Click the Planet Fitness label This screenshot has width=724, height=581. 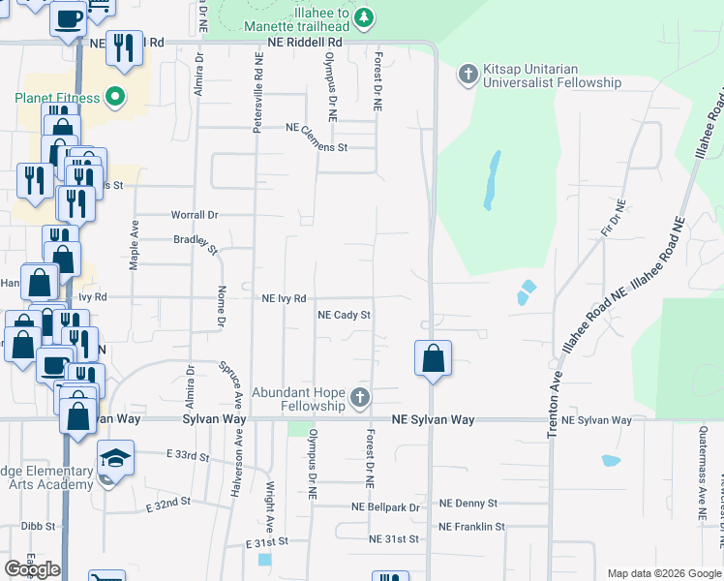[56, 98]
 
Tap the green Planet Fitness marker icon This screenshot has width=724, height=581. [115, 97]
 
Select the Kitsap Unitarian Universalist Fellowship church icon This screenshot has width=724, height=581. [468, 74]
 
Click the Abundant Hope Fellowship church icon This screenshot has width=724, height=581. [360, 397]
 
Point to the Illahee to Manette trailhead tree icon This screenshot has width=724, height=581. [364, 16]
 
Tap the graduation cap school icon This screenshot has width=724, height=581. [115, 456]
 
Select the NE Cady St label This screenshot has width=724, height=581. [345, 315]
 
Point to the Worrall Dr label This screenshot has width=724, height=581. [196, 214]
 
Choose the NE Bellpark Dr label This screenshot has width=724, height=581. [386, 507]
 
